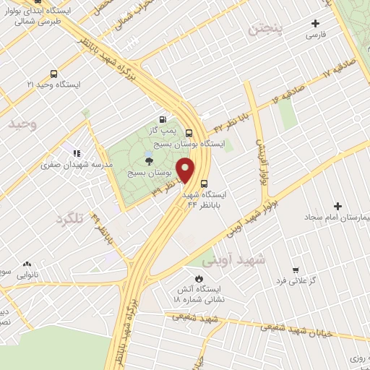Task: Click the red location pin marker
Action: [186, 171]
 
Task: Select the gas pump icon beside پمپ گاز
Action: [162, 120]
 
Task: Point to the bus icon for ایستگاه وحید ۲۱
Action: [53, 73]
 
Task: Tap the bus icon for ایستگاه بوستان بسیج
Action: [189, 132]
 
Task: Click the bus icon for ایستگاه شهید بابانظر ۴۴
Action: [205, 183]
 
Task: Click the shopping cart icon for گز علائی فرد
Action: [295, 268]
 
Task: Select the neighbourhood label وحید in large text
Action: [22, 124]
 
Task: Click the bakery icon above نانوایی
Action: [27, 264]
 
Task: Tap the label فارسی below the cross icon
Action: [317, 35]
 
